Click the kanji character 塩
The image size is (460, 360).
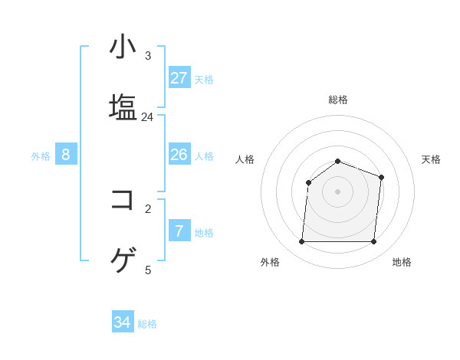(x=123, y=106)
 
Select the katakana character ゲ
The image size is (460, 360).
(x=123, y=260)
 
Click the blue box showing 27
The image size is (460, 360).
(x=179, y=77)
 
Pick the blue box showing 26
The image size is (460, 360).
(x=179, y=155)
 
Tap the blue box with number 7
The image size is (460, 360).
(x=179, y=231)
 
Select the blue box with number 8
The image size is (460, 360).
(x=66, y=155)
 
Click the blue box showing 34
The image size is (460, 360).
(x=123, y=322)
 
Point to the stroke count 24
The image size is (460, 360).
(x=147, y=117)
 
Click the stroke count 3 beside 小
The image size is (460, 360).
(x=148, y=56)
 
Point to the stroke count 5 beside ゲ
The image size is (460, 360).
(x=148, y=270)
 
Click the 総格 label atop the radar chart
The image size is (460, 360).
(x=338, y=100)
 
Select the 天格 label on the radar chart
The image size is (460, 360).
(x=431, y=159)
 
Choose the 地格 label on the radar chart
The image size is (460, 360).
(x=402, y=262)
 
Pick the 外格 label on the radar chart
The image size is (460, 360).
(x=270, y=262)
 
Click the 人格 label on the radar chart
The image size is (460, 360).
(x=245, y=159)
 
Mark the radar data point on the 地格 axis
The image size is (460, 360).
(x=373, y=242)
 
